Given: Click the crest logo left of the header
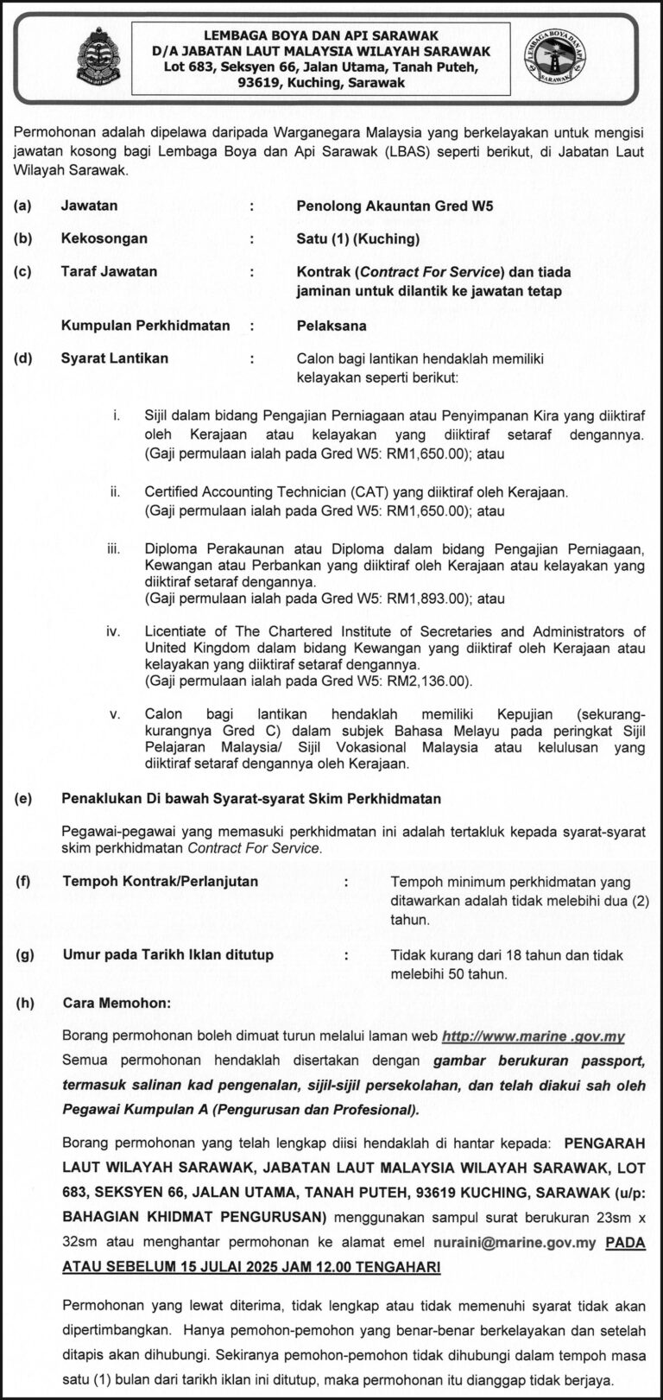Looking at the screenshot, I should (98, 59).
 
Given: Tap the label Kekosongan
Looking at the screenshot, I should (104, 238).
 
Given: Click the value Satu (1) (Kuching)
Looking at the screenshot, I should (357, 238).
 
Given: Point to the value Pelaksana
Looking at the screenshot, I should (331, 326).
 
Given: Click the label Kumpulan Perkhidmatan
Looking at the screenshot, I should (145, 326).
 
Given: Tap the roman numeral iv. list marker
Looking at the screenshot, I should (113, 632).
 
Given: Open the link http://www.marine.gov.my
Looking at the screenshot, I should (533, 1036).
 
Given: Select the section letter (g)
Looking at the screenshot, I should (25, 955).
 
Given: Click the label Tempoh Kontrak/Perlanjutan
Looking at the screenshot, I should (160, 882).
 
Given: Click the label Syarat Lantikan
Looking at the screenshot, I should (114, 358).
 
